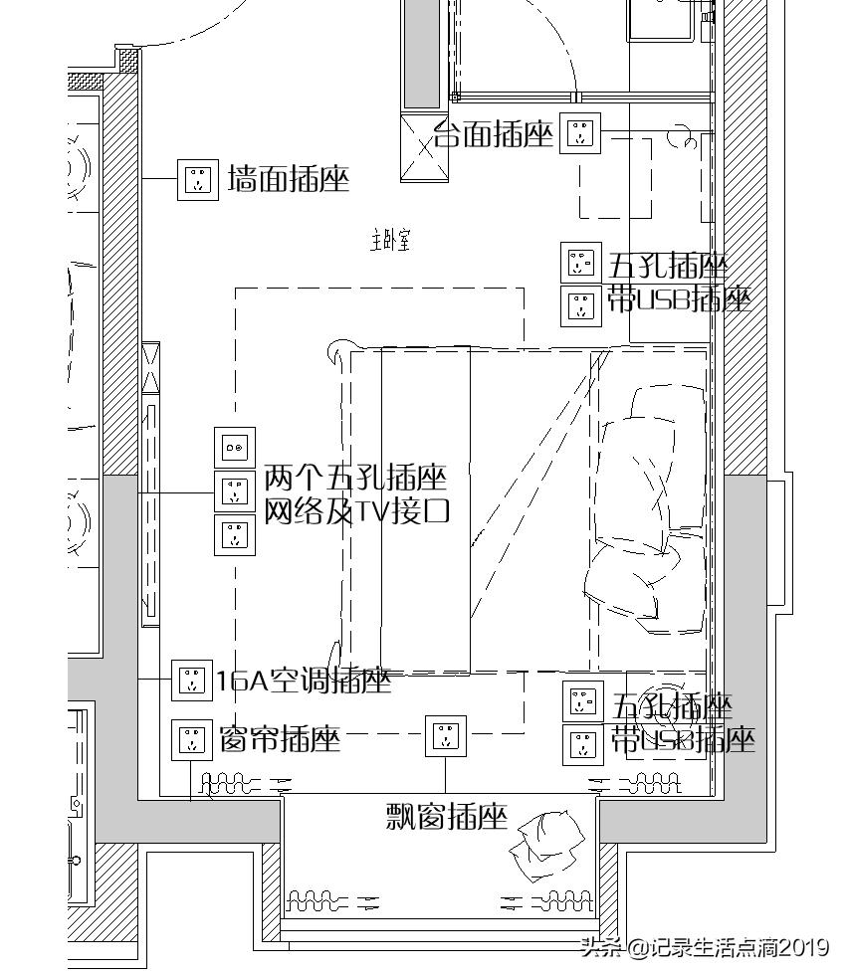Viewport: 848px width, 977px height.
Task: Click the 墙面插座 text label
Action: pyautogui.click(x=289, y=180)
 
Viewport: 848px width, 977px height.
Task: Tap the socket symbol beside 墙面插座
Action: pyautogui.click(x=198, y=180)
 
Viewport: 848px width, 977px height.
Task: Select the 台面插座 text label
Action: pyautogui.click(x=494, y=135)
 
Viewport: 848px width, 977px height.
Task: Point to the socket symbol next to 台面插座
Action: pyautogui.click(x=580, y=132)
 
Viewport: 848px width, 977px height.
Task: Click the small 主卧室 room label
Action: pyautogui.click(x=391, y=240)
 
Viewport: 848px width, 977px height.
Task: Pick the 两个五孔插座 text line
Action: pyautogui.click(x=354, y=478)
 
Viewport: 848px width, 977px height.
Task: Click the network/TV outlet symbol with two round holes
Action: pyautogui.click(x=235, y=448)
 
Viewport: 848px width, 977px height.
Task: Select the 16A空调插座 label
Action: pyautogui.click(x=304, y=681)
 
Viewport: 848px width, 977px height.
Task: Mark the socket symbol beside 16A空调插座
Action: pyautogui.click(x=191, y=681)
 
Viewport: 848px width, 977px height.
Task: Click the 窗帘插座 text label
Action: pyautogui.click(x=281, y=739)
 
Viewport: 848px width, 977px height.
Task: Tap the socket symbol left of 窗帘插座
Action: pyautogui.click(x=191, y=740)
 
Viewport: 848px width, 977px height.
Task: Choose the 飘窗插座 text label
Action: pyautogui.click(x=447, y=817)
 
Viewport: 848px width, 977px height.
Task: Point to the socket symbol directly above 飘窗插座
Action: pyautogui.click(x=446, y=735)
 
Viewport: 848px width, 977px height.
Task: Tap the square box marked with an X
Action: pyautogui.click(x=425, y=148)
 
